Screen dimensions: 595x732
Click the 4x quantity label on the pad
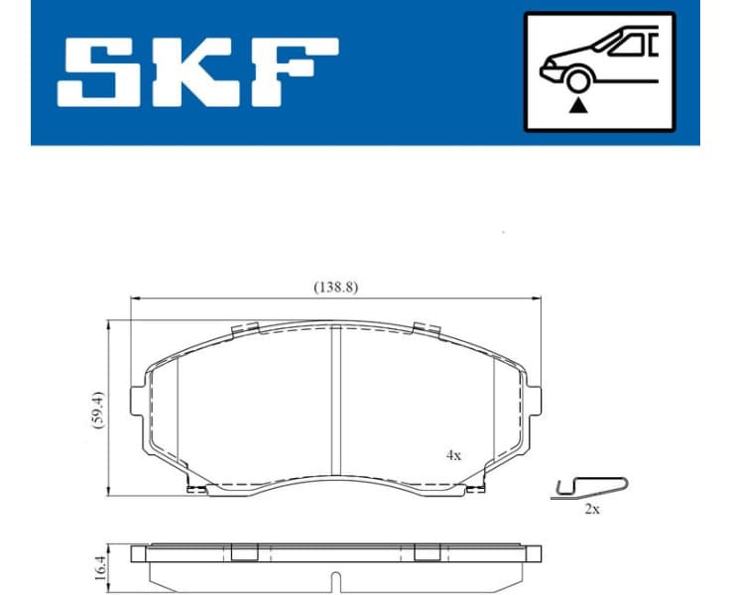(x=452, y=455)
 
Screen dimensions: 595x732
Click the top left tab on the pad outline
(x=243, y=329)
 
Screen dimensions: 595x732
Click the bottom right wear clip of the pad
(x=474, y=487)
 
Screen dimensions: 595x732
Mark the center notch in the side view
(x=335, y=582)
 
